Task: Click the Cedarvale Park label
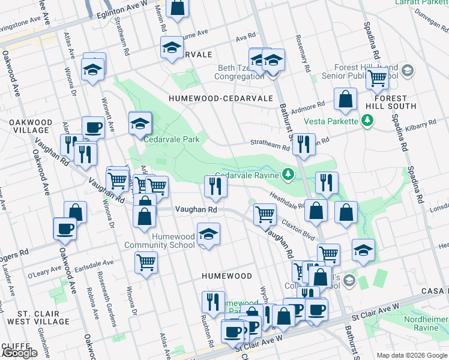[171, 139]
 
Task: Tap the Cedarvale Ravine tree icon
[290, 175]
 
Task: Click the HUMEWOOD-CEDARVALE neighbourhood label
[221, 98]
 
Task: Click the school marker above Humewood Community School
[208, 234]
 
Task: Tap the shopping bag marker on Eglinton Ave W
[178, 8]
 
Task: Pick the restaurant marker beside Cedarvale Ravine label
[215, 187]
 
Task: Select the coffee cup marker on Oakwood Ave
[65, 229]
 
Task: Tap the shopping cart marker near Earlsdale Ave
[146, 263]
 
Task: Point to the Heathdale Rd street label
[289, 205]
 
